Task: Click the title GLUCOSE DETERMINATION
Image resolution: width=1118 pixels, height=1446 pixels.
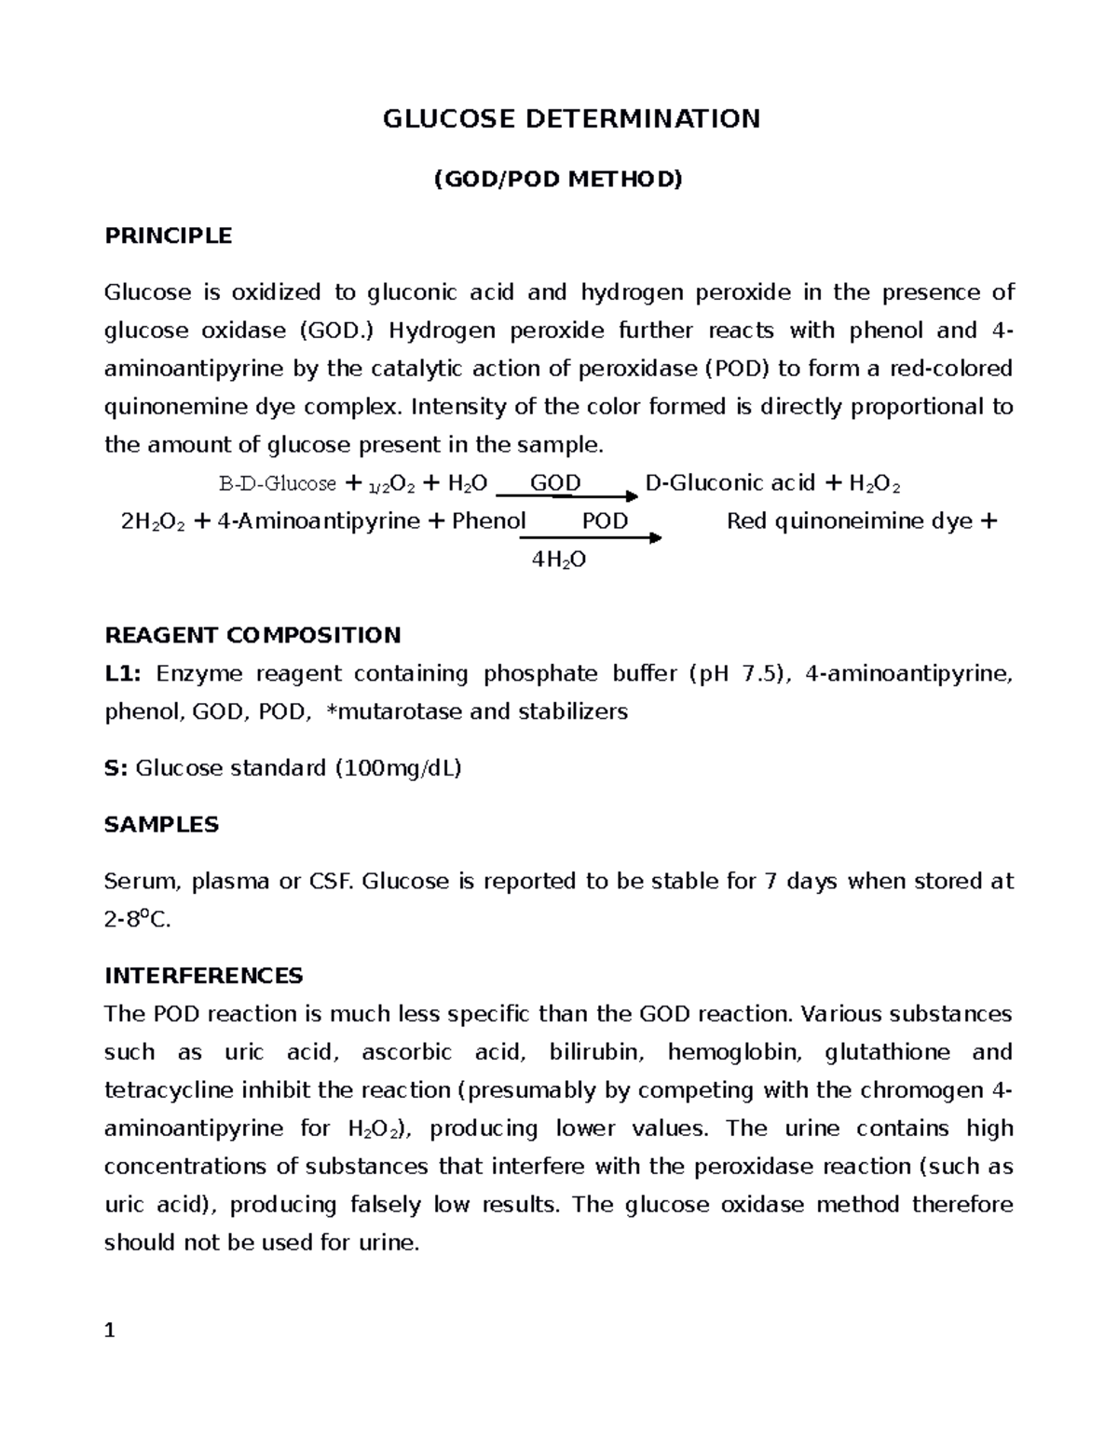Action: point(572,119)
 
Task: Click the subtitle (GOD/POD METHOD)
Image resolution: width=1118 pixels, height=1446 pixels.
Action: point(558,179)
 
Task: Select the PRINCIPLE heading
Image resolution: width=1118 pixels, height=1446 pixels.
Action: point(168,236)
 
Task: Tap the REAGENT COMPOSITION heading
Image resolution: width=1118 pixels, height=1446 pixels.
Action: point(252,636)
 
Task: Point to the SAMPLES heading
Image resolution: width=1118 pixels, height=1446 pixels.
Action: point(161,825)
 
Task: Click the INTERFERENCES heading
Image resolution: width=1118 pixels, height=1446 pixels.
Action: point(203,976)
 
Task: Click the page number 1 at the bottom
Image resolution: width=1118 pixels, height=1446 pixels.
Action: point(110,1331)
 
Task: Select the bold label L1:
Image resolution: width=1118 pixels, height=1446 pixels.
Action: point(123,674)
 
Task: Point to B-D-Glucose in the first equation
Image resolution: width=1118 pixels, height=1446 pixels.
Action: point(277,484)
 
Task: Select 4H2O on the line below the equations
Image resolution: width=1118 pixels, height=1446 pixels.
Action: point(558,561)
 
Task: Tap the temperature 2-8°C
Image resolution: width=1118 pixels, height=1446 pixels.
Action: point(138,920)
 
